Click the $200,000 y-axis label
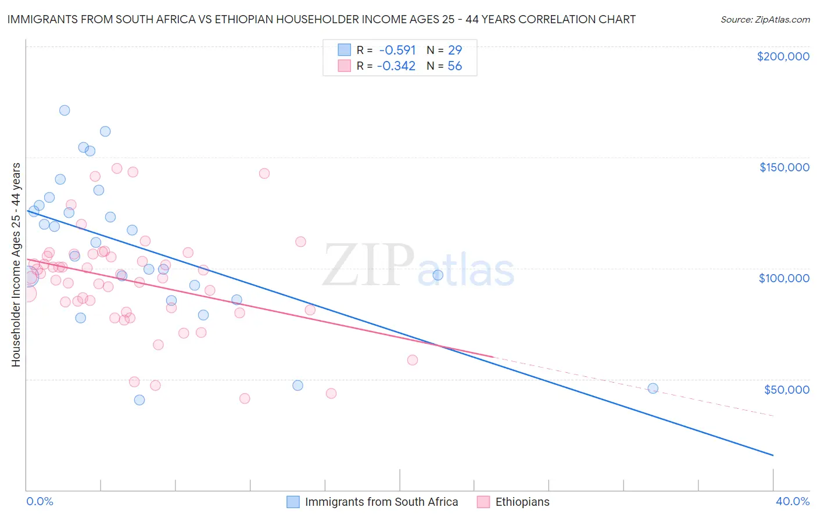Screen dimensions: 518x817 click(783, 56)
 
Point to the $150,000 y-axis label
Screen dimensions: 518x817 click(784, 167)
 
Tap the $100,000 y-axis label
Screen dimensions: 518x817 click(784, 278)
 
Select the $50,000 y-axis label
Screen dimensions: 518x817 click(786, 389)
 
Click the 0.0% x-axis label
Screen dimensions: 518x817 click(40, 501)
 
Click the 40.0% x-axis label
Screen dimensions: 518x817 click(792, 501)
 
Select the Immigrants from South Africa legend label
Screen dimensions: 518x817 click(381, 502)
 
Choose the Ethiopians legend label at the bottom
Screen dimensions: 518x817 click(522, 502)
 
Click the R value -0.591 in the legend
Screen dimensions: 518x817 click(397, 50)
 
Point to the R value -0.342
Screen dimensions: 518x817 click(396, 66)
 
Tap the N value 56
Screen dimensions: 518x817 click(454, 66)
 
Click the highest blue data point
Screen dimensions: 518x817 click(64, 110)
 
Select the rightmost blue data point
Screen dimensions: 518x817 click(653, 388)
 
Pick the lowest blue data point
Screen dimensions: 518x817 click(139, 400)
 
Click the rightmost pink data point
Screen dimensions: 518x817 click(413, 360)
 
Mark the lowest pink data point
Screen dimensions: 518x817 click(245, 398)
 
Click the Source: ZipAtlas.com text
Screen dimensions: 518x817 click(765, 20)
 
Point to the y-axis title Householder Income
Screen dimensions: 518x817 click(16, 265)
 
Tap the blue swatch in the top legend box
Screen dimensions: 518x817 click(345, 50)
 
